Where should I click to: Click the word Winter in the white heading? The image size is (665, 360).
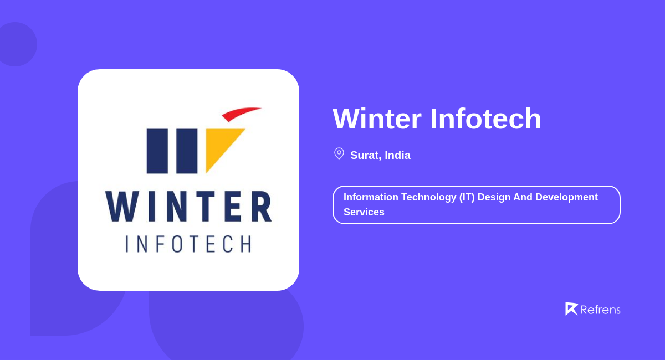coord(377,119)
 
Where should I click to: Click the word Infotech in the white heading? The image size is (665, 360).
coord(485,119)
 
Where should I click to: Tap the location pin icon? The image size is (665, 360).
coord(339,153)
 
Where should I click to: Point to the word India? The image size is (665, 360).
coord(397,155)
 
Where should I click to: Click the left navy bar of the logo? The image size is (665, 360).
coord(157,151)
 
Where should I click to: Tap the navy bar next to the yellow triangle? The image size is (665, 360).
coord(187,151)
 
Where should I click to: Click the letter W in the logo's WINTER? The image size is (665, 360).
coord(122,207)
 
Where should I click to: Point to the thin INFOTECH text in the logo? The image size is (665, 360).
coord(188,244)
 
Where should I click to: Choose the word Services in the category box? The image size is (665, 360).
coord(364,212)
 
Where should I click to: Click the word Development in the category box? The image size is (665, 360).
coord(566,197)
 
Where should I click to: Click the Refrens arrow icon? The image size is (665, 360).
coord(571,308)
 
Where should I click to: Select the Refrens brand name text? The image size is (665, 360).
coord(600,310)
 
